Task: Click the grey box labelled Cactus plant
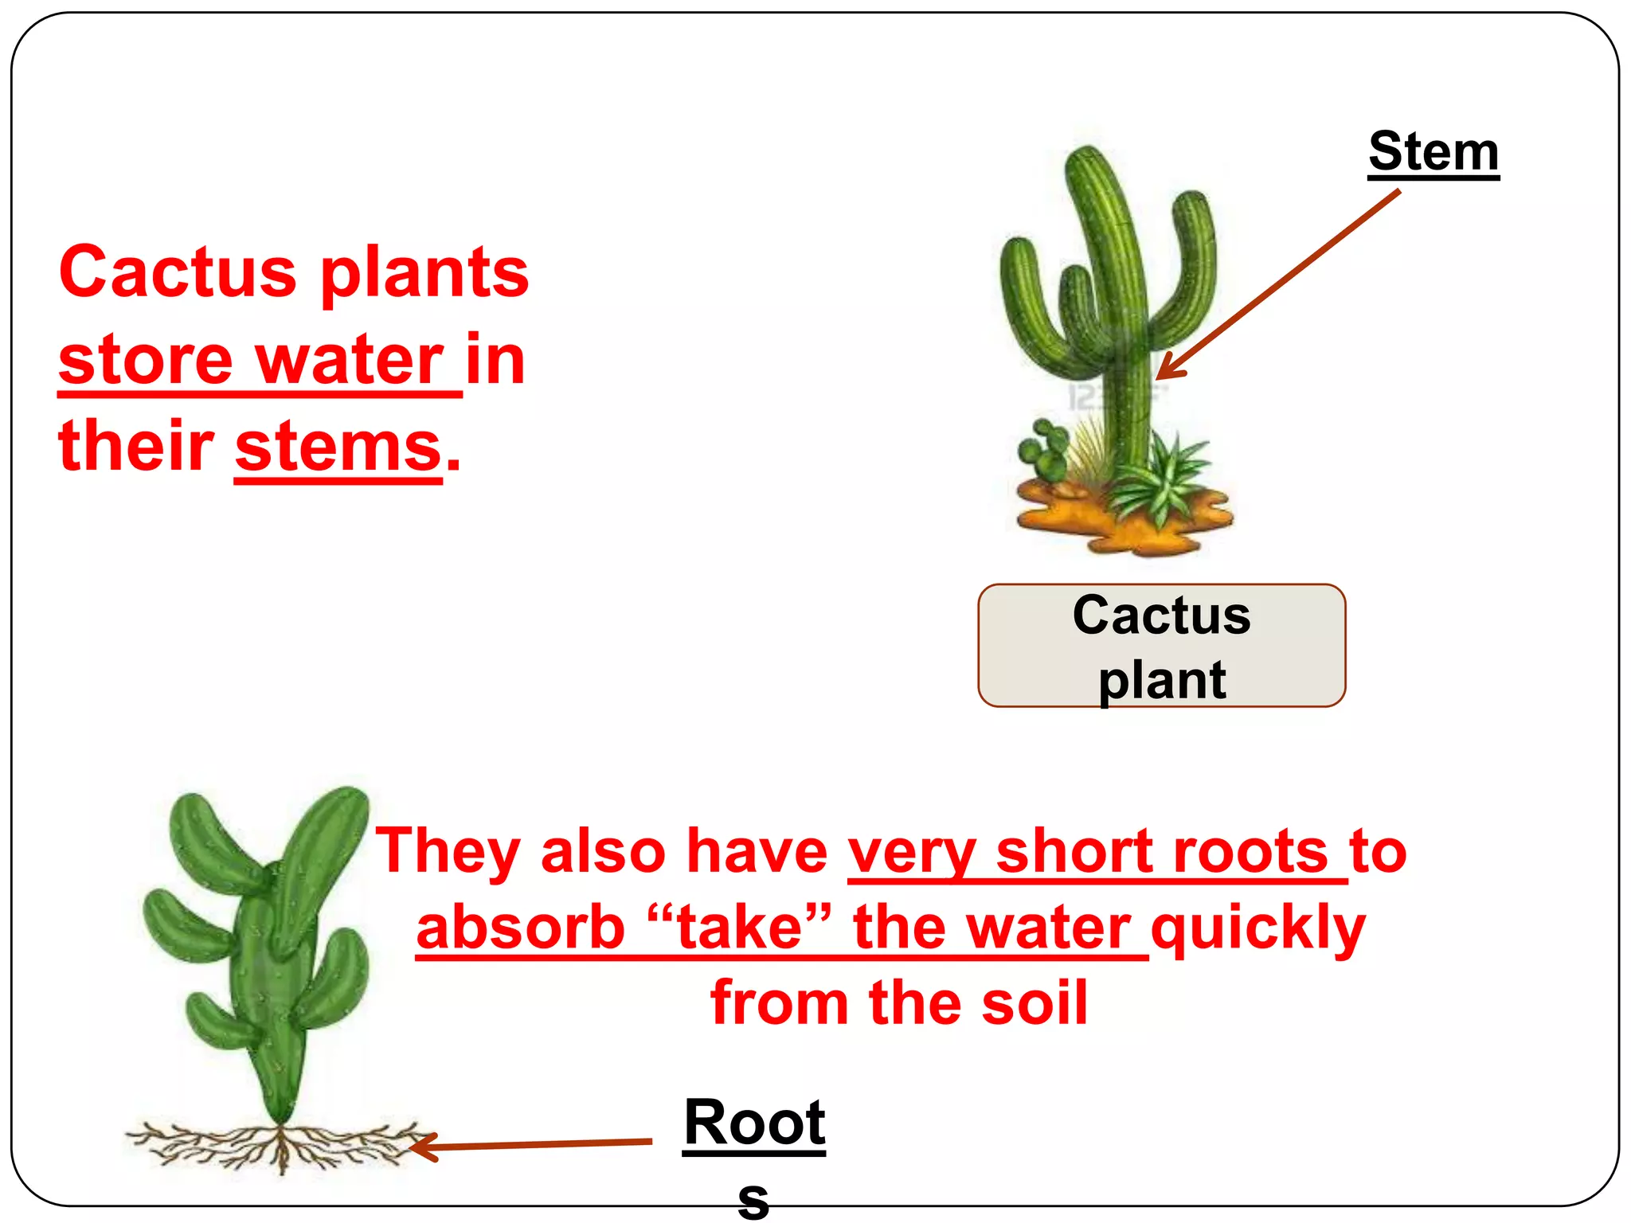click(1161, 646)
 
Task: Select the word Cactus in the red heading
click(177, 272)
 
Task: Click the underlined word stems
click(338, 447)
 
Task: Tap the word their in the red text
click(135, 446)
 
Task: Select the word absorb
click(519, 928)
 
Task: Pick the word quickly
click(1258, 928)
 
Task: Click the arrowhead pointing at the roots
click(419, 1147)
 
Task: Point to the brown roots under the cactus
click(279, 1147)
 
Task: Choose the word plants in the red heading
click(424, 272)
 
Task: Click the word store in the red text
click(145, 361)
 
